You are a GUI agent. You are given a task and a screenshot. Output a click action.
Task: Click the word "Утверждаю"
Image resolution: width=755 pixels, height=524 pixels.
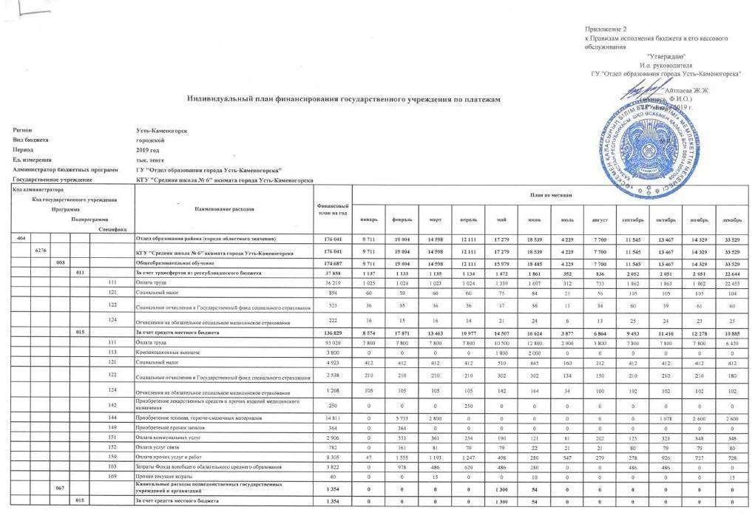(666, 57)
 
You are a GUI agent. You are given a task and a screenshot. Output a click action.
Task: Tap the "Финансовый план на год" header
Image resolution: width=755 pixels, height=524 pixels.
(332, 209)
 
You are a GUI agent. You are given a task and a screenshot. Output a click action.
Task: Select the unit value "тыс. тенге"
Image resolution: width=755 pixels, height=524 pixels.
(149, 160)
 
